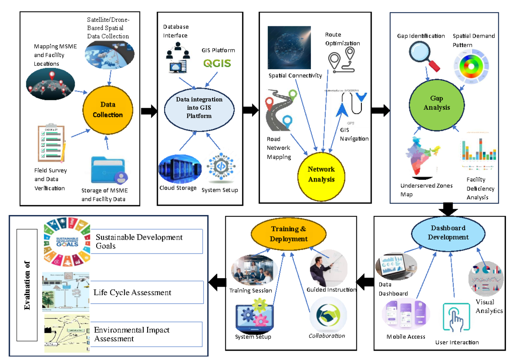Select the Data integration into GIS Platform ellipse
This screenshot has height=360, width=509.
coord(199,107)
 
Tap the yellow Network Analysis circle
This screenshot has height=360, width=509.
coord(321,174)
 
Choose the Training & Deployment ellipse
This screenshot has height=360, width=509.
coord(288,234)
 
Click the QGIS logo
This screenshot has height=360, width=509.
coord(217,64)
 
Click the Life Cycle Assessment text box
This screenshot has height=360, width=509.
coord(146,293)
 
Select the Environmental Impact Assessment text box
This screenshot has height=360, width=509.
coord(146,334)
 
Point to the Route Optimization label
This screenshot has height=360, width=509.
coord(342,39)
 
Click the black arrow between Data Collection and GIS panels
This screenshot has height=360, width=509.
coord(148,111)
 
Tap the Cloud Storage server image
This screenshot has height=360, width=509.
coord(179,169)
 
